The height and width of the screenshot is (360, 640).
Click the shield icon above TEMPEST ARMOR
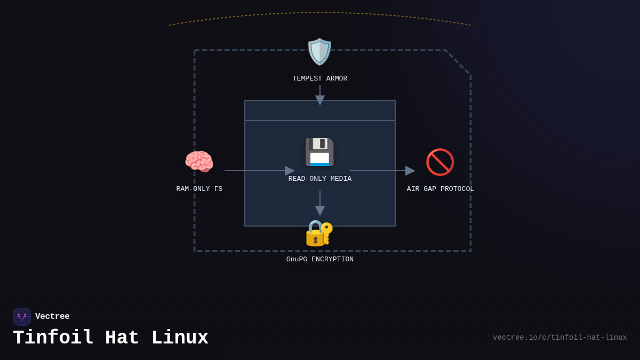319,52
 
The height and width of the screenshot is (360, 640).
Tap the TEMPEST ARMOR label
319,78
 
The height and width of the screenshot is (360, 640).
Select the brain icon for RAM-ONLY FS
199,162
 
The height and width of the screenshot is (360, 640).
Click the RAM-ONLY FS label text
199,189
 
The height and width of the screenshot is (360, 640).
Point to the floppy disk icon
319,152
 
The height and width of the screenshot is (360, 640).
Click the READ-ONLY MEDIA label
319,179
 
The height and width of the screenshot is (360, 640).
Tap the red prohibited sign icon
440,162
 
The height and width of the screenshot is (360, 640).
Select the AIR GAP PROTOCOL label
440,189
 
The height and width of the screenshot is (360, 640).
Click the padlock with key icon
319,233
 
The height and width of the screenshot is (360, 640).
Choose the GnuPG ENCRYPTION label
319,259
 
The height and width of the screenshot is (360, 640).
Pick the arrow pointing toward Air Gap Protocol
382,171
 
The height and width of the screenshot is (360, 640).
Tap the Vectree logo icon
22,317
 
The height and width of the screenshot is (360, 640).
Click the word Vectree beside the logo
52,316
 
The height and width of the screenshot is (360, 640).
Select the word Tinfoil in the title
53,338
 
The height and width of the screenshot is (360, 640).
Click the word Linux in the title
180,338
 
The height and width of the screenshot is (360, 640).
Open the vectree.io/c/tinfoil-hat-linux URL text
559,338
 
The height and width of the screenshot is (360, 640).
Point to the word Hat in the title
122,338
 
